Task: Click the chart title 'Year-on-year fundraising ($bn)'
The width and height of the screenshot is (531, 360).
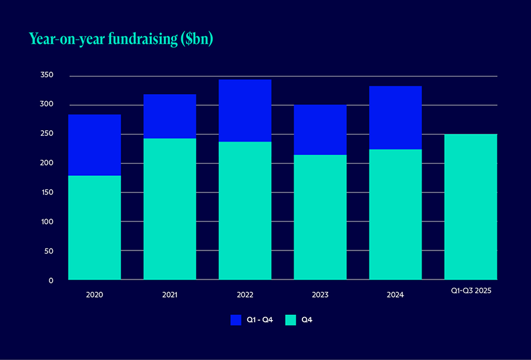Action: coord(121,39)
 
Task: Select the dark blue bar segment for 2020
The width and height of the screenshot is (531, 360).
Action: coord(95,145)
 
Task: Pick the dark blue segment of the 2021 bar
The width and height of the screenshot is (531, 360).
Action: coord(170,116)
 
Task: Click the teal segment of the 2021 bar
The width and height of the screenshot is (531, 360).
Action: coord(170,209)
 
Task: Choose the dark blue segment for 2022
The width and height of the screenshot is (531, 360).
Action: coord(245,110)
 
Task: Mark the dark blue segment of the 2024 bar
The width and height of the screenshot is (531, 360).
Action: coord(395,117)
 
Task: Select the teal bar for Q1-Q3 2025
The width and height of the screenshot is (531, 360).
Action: coord(470,207)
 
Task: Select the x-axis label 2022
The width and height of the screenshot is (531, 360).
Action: coord(245,295)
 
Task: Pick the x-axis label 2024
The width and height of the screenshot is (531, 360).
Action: coord(395,295)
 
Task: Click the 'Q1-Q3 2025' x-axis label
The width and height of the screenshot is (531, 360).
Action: coord(470,292)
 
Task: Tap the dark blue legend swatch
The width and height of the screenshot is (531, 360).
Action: coord(236,320)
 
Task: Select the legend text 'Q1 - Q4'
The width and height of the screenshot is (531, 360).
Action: coord(261,320)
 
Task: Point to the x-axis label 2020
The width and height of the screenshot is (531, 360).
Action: coord(95,295)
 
